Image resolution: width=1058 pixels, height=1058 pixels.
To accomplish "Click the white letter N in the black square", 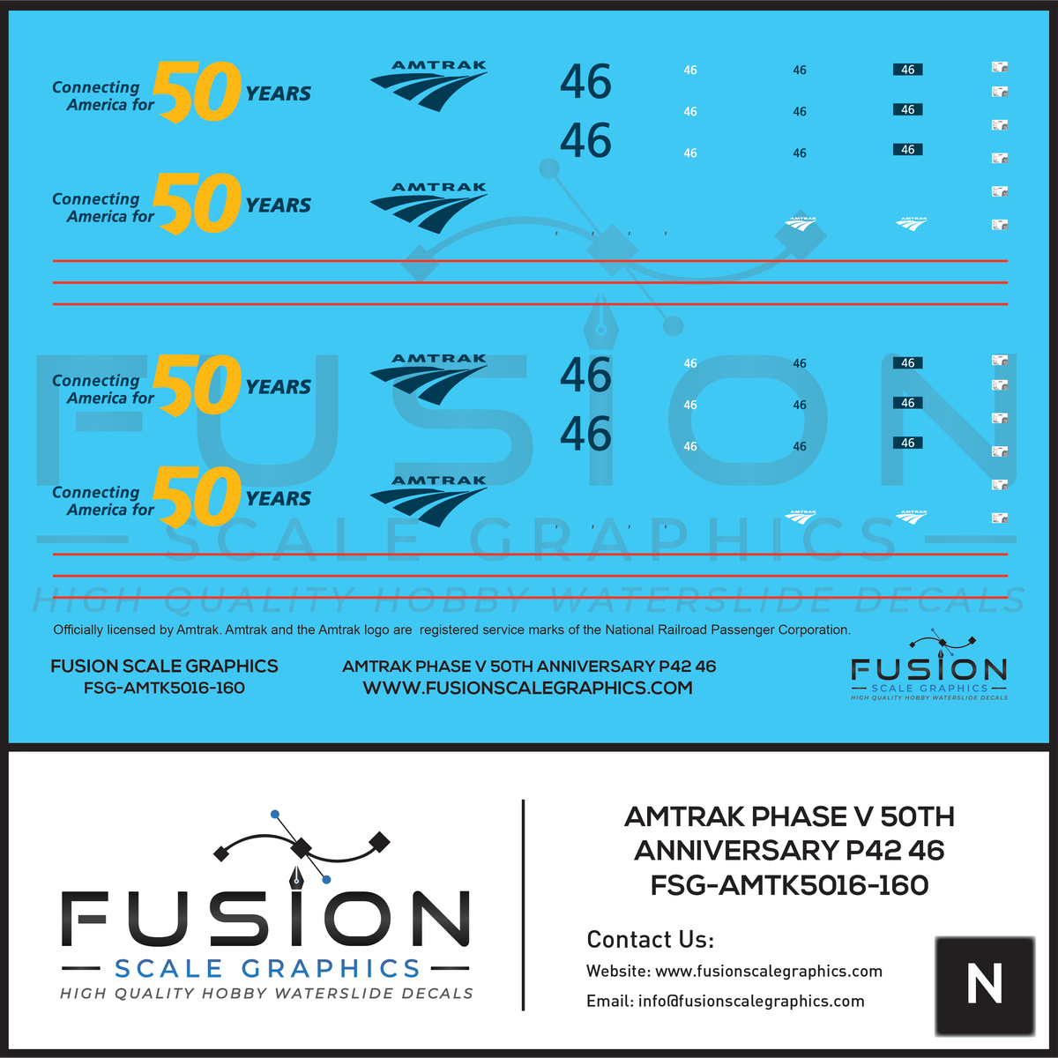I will (984, 984).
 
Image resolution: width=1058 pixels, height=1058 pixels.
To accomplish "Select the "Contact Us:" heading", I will (650, 940).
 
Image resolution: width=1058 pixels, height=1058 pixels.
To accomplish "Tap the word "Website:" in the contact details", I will (617, 972).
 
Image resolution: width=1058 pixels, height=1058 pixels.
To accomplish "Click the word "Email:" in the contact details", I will (609, 1002).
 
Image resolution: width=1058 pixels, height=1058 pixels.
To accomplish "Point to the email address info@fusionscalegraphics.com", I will (751, 1002).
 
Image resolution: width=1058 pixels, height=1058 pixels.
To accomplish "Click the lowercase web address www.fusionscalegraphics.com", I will (769, 972).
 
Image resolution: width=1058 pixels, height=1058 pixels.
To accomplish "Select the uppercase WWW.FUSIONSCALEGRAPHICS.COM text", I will (527, 689).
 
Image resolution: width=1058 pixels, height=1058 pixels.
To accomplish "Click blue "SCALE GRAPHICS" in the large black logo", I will (267, 969).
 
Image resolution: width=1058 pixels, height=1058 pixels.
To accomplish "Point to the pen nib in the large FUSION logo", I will (298, 873).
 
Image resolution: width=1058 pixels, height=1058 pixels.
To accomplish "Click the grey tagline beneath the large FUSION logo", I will (266, 994).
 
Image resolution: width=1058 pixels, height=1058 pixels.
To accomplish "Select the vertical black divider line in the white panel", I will (524, 905).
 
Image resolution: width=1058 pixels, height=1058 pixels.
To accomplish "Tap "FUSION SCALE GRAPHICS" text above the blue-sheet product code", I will (164, 667).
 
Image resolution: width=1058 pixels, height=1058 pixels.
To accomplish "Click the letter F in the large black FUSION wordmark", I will (86, 920).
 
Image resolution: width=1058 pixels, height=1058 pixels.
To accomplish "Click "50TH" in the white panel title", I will (917, 817).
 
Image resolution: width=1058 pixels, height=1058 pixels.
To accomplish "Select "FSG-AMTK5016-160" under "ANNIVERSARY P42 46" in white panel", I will (789, 885).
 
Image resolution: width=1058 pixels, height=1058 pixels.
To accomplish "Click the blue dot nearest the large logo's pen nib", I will (326, 880).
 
